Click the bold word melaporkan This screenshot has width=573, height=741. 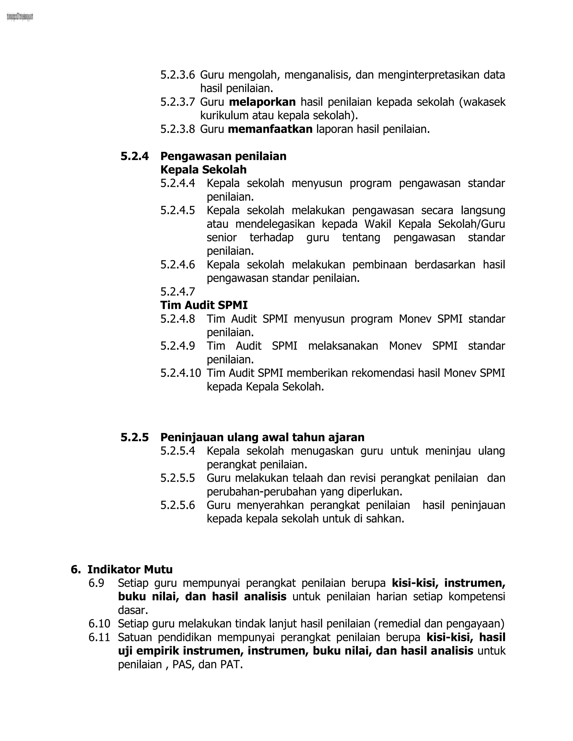(x=262, y=102)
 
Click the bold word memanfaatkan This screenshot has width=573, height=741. (x=270, y=129)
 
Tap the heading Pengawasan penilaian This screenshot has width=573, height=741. (x=223, y=156)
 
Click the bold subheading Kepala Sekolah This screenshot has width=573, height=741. (x=203, y=170)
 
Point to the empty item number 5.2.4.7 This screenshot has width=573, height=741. (x=178, y=291)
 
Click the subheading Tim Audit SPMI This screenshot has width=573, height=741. (x=204, y=305)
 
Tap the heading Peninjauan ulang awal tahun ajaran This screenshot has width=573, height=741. (x=262, y=437)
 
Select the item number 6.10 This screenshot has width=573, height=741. (x=99, y=623)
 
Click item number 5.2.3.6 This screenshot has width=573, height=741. (x=178, y=75)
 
